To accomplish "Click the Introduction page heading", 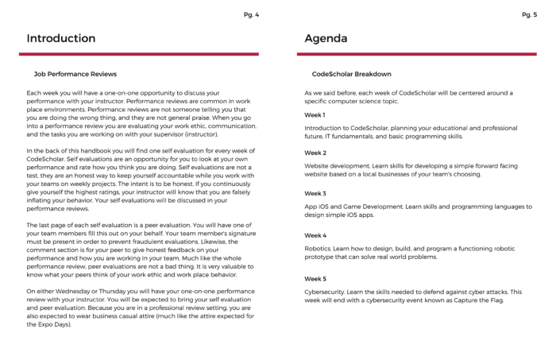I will [x=61, y=38].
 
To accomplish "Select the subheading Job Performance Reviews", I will [x=75, y=74].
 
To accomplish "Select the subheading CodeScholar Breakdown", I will [x=352, y=74].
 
